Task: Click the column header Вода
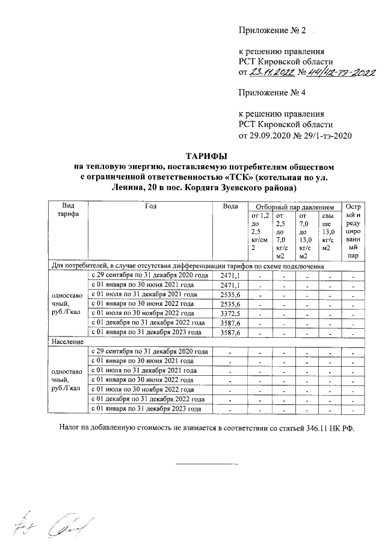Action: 230,206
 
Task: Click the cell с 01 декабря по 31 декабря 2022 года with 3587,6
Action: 150,323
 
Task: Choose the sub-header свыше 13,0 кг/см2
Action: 330,232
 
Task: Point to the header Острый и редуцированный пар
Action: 354,231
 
